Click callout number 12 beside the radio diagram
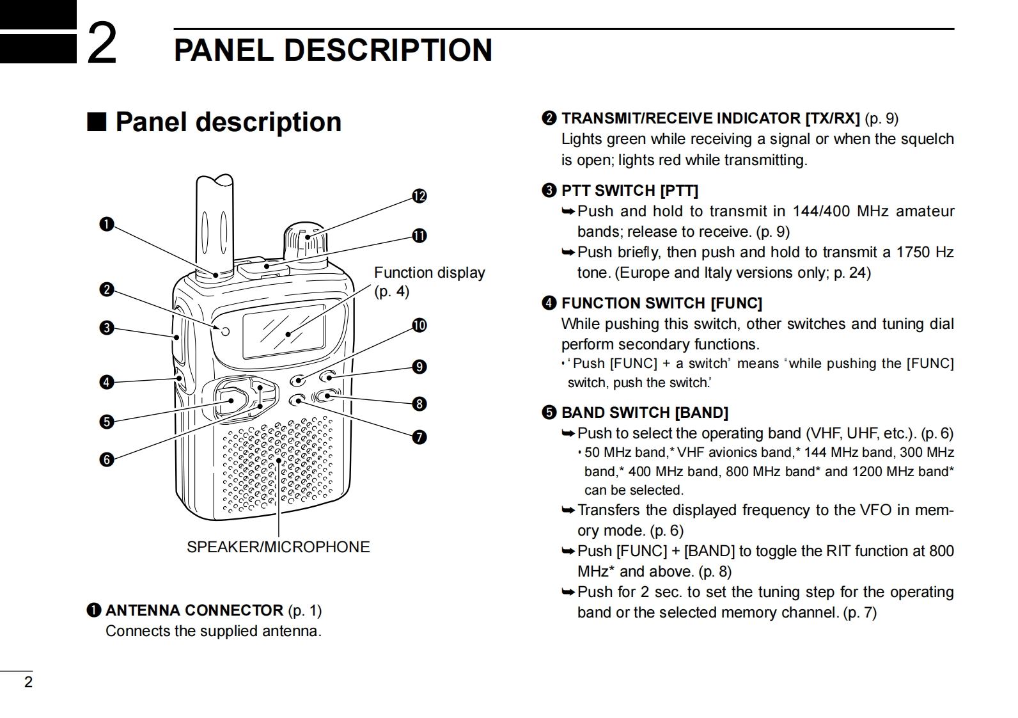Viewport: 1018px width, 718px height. (419, 196)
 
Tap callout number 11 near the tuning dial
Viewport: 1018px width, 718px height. (419, 235)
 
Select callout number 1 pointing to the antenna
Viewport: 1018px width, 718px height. (106, 224)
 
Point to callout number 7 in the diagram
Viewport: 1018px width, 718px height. (419, 437)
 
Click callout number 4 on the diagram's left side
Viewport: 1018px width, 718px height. (106, 382)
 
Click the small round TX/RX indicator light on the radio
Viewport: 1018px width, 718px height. (225, 331)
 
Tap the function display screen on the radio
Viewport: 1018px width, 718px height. (284, 331)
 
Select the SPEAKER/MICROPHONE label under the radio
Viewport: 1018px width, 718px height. (278, 547)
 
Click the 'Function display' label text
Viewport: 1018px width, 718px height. (429, 273)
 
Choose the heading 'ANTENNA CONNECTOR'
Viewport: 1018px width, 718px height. (194, 610)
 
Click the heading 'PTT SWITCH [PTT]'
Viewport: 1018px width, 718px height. (629, 191)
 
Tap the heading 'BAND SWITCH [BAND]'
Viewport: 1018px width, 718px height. (645, 413)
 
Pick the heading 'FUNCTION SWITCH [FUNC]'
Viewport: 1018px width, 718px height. (661, 303)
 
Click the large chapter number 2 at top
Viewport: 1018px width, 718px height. (102, 44)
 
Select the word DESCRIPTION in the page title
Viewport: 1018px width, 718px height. (388, 50)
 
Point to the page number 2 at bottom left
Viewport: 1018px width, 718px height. (27, 682)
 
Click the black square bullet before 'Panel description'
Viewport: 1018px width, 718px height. (96, 122)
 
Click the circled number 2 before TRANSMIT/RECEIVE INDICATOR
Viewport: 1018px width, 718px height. (549, 118)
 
